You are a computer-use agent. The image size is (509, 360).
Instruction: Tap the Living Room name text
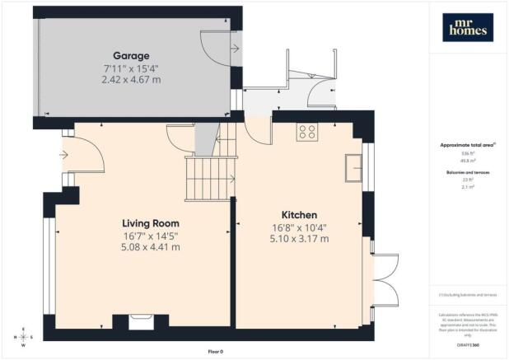(x=151, y=223)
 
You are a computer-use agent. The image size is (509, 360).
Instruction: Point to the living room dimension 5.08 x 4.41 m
(x=151, y=246)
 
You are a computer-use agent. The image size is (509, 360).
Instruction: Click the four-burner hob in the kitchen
(x=308, y=132)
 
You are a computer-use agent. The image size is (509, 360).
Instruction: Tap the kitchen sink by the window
(x=355, y=166)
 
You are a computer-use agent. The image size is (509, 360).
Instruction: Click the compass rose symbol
(x=23, y=336)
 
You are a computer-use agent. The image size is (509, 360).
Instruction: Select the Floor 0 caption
(x=215, y=351)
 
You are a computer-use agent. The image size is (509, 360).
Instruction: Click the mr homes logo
(x=467, y=28)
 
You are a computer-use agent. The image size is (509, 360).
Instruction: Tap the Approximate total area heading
(x=466, y=144)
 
